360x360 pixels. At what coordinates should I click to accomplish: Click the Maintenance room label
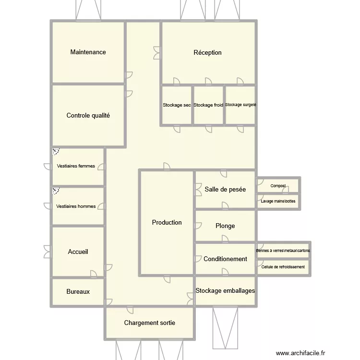tap(88, 52)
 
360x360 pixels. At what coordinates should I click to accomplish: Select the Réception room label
tap(207, 52)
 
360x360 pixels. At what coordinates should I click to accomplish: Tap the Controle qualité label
tap(88, 115)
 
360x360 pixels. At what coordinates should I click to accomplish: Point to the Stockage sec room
tap(177, 105)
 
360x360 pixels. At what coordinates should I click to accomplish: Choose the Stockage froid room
tap(208, 105)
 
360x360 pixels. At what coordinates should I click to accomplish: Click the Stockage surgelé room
tap(240, 105)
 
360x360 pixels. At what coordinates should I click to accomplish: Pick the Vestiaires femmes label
tap(76, 166)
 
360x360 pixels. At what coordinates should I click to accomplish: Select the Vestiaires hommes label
tap(76, 206)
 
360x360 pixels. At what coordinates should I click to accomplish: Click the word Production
tap(167, 222)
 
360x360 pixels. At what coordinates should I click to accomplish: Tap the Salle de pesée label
tap(225, 189)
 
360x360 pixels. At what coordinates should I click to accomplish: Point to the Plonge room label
tap(225, 226)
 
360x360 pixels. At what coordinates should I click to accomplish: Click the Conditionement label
tap(225, 259)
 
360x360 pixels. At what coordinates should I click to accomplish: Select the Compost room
tap(278, 186)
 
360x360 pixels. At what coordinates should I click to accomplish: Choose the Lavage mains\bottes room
tap(278, 202)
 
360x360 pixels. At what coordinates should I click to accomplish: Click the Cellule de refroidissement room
tap(283, 267)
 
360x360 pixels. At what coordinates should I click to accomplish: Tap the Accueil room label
tap(78, 252)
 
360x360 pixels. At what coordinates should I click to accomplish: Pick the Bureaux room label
tap(78, 291)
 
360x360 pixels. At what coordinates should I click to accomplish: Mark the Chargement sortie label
tap(149, 323)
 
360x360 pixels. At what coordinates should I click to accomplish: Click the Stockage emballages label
tap(225, 290)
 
